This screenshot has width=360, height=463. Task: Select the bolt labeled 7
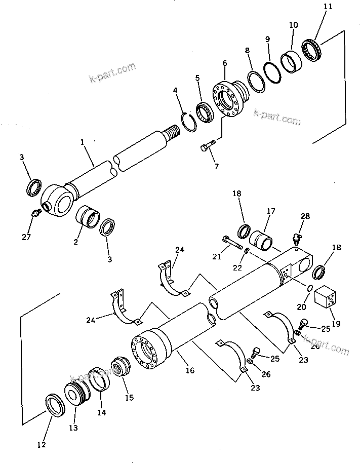pyautogui.click(x=207, y=146)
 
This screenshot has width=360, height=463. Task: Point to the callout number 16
pyautogui.click(x=190, y=371)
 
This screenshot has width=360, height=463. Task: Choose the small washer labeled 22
pyautogui.click(x=246, y=252)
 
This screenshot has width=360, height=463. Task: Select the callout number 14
pyautogui.click(x=102, y=412)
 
